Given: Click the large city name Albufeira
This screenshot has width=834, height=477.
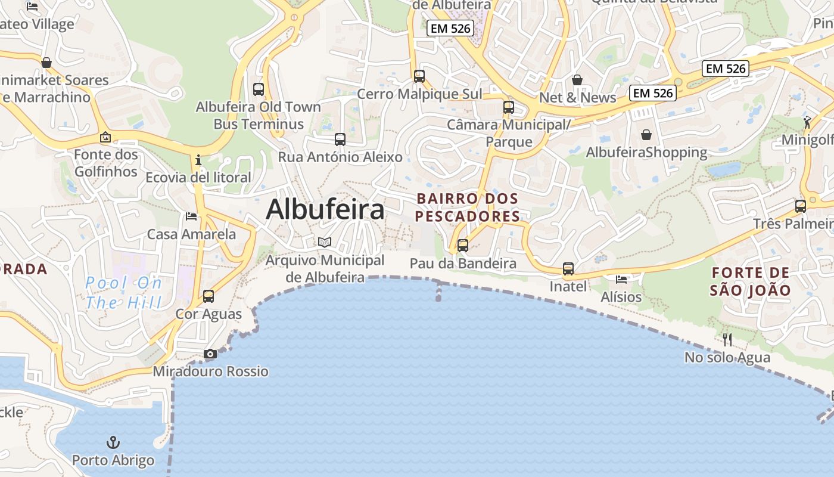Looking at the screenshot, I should pos(325,210).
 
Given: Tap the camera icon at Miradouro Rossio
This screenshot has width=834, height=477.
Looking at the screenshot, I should pos(210,354).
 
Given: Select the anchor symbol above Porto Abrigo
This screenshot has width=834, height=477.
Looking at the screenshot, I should pos(113,442).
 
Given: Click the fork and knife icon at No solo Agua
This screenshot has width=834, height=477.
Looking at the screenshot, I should pos(727,340).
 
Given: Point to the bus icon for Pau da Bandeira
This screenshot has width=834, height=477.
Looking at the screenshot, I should pos(463,246).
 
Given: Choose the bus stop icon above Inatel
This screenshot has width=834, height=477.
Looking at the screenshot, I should pos(568,269).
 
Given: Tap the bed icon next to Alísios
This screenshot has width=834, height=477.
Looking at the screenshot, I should pos(621,279).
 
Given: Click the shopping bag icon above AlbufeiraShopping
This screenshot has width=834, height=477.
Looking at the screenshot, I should pos(646,135).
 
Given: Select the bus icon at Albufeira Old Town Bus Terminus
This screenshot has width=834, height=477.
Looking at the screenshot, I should pos(259,89).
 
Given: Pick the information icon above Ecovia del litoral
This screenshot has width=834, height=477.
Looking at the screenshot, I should pos(198,160).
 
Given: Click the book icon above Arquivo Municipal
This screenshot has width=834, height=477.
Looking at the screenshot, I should pos(325,242).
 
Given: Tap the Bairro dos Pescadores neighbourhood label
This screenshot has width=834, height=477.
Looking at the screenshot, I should pos(467,207).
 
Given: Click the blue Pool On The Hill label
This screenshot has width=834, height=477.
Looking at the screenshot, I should pos(123,292).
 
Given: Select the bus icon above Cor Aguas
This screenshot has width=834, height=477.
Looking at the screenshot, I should pos(208,296).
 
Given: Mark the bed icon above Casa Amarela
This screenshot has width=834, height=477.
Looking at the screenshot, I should pos(191,216).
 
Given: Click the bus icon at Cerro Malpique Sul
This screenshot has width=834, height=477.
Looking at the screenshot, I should pos(419,76).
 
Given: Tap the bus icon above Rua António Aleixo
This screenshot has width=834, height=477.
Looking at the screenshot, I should pos(340,140).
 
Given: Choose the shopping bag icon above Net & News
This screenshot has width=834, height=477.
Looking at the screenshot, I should pos(577,80).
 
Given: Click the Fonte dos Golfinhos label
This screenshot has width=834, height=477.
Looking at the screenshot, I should pos(106,163).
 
